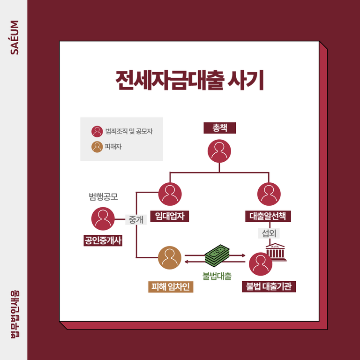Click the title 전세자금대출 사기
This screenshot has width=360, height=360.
pos(190,81)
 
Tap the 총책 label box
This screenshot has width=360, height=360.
pos(219,127)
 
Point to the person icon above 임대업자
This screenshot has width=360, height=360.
pos(170,194)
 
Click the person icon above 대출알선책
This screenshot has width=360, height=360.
pos(269,194)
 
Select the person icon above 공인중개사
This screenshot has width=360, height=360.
pos(103,218)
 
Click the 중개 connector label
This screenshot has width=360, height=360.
pos(136,219)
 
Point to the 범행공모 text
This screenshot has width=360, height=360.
pos(103,196)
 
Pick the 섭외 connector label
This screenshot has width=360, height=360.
pos(269,232)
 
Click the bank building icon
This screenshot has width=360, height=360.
pos(277,252)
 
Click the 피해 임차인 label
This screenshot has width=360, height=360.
pos(170,286)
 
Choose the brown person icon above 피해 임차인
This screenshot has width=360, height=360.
pos(170,258)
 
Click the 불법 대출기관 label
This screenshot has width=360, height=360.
pos(269,286)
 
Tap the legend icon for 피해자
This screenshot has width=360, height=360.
pos(97,147)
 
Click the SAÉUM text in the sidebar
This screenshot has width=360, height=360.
pos(15,37)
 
